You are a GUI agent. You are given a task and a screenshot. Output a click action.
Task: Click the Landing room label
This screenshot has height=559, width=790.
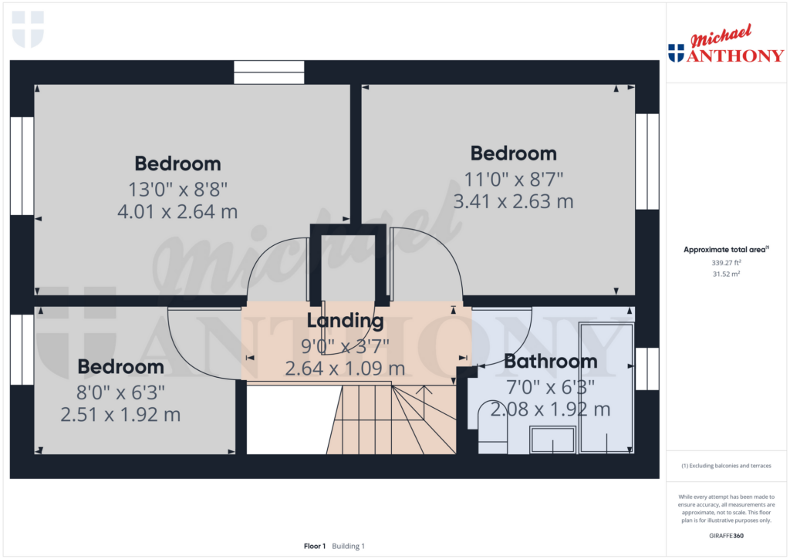[x=345, y=320]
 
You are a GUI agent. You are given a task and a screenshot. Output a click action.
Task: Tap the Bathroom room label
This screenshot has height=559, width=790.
[x=551, y=361]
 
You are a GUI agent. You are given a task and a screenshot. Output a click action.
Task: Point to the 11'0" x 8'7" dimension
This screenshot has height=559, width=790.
[x=513, y=178]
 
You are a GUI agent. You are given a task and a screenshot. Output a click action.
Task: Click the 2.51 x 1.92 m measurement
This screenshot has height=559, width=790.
[x=120, y=415]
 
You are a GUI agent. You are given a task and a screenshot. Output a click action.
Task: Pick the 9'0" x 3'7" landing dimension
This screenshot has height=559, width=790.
[x=345, y=345]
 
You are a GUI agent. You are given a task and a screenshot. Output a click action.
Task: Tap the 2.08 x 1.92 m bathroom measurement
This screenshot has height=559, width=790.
[x=550, y=409]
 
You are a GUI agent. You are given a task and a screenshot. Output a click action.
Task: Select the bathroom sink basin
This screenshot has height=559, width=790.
[x=552, y=440]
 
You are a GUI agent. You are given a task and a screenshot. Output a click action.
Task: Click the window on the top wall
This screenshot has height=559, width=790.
[x=269, y=72]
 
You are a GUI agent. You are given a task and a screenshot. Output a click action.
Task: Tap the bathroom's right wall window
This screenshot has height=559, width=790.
[x=647, y=369]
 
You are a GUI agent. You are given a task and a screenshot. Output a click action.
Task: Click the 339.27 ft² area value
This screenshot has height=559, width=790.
[x=726, y=263]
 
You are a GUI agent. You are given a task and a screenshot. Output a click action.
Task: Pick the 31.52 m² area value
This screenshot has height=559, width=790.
[x=726, y=274]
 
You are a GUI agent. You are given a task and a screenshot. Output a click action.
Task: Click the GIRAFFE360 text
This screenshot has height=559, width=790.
[x=726, y=535]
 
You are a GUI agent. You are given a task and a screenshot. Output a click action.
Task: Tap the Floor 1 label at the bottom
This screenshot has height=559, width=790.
[x=315, y=546]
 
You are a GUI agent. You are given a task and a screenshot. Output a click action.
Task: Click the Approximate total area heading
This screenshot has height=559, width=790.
[x=725, y=249]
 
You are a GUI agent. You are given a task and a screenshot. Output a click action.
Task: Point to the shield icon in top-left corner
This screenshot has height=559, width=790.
[x=29, y=29]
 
